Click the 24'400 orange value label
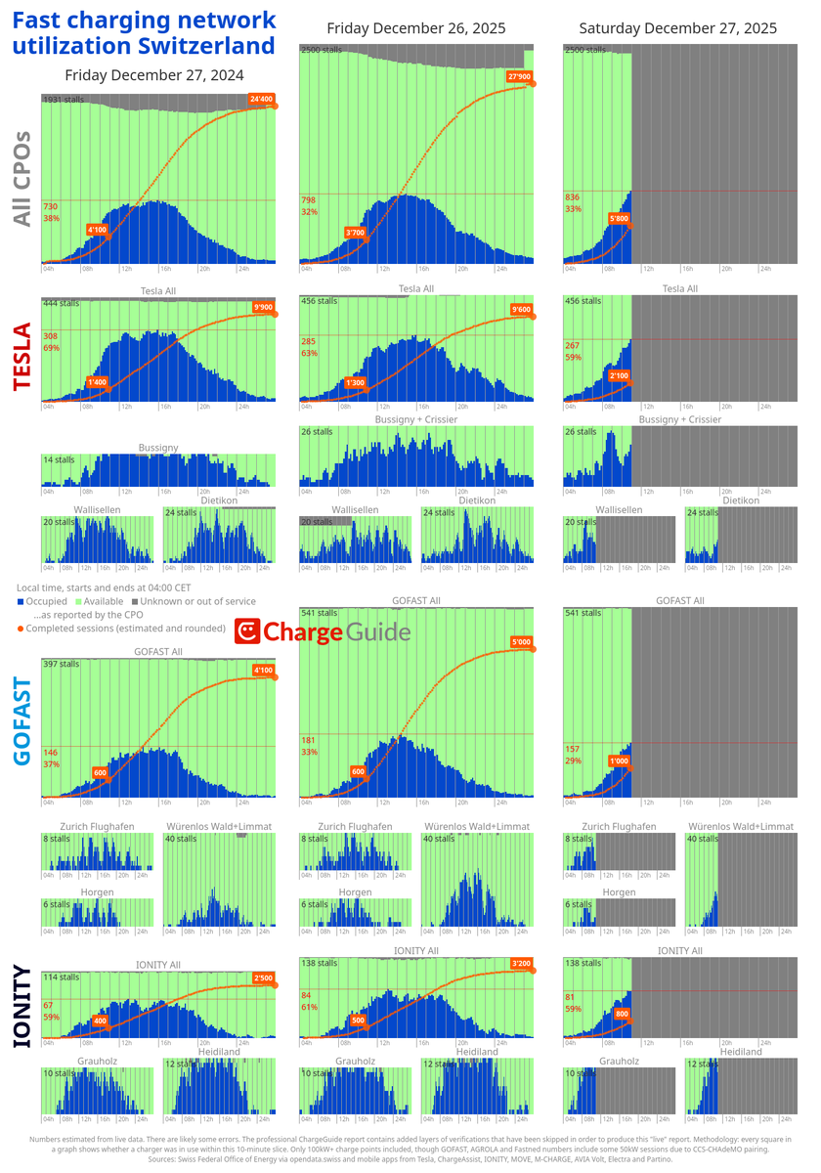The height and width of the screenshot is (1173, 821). click(261, 99)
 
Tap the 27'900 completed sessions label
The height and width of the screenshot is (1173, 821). click(519, 76)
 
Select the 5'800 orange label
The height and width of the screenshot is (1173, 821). click(618, 218)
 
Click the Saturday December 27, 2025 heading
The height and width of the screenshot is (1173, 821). click(677, 28)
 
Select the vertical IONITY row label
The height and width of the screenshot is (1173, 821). click(22, 1009)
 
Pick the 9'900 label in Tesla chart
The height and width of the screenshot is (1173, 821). click(262, 308)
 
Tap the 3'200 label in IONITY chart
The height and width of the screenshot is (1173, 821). click(520, 964)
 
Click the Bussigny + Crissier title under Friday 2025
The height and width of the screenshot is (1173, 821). click(416, 419)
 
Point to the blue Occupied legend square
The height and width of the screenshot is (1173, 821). click(21, 602)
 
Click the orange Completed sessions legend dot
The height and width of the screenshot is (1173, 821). click(21, 629)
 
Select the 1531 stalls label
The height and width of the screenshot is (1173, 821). click(65, 100)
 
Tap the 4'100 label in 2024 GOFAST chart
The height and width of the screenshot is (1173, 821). click(262, 671)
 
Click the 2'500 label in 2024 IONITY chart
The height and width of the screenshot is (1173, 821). click(262, 978)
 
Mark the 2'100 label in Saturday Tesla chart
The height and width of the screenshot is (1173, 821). click(618, 375)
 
